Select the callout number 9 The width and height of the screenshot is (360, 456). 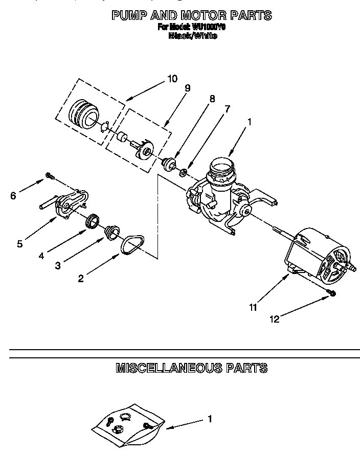click(x=187, y=88)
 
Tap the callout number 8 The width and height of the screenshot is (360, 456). click(x=212, y=99)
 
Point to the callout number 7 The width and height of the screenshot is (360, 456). click(x=227, y=108)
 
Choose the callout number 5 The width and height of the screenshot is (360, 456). click(x=19, y=244)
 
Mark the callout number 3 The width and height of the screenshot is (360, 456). click(x=58, y=266)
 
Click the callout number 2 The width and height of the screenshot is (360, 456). click(x=80, y=279)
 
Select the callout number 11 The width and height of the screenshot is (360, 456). click(x=253, y=307)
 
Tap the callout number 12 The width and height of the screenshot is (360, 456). click(x=275, y=319)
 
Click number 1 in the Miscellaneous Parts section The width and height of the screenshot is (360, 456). click(x=209, y=419)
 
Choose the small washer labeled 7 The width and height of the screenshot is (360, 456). click(x=183, y=171)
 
